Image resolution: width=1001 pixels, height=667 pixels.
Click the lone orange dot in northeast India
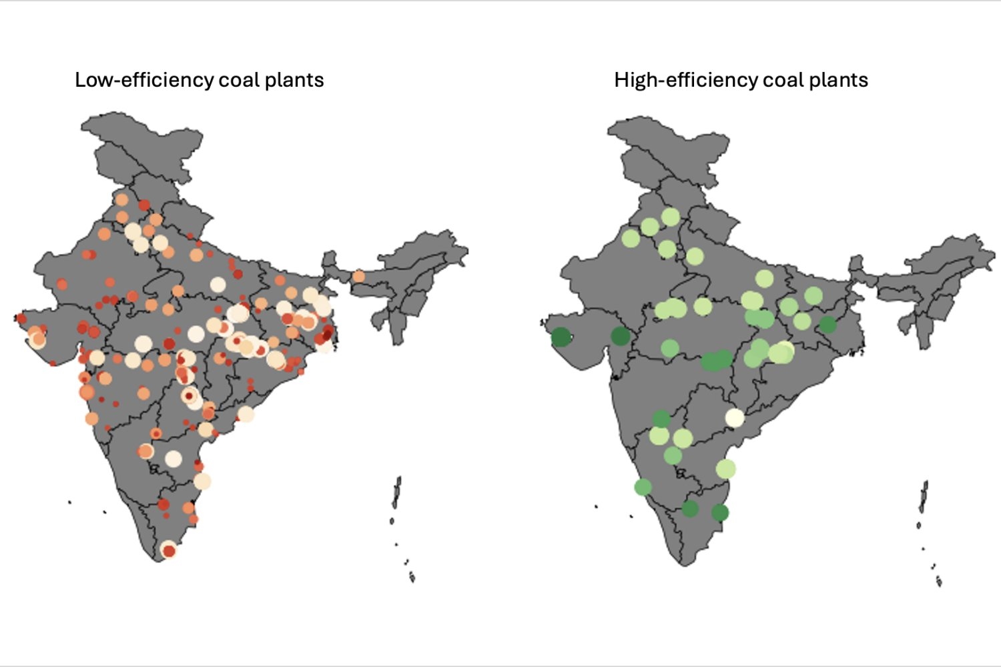coord(358,276)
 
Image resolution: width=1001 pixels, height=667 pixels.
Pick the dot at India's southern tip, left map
coord(169,550)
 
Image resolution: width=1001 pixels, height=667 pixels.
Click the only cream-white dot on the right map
coord(734,418)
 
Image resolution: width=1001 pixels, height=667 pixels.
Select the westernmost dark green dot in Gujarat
coord(561,338)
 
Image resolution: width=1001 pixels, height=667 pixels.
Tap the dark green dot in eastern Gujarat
coord(621,336)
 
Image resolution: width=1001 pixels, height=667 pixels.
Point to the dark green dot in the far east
coord(827,325)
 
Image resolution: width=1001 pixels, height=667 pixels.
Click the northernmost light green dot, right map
coord(671,217)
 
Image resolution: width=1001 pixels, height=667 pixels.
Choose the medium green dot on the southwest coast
coord(643,487)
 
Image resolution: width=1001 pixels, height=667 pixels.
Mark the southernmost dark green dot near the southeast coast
coord(720,512)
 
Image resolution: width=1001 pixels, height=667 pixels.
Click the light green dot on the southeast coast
coord(726,468)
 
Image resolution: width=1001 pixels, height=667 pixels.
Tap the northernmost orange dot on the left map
coord(121,199)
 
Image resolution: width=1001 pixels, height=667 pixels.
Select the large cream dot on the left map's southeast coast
coord(202,481)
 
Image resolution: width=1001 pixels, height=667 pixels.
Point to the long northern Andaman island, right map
coord(924,498)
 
